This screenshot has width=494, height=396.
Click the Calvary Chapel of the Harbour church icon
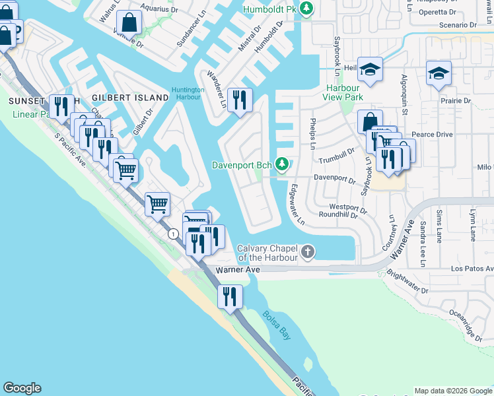(307, 251)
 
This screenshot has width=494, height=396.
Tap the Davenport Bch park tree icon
(283, 163)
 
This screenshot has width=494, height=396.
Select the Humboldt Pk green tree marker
(306, 9)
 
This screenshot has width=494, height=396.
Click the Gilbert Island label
(131, 98)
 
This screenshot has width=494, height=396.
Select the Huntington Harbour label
(190, 94)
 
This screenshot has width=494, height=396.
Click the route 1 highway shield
(173, 234)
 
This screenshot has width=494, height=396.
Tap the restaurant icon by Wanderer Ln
(240, 99)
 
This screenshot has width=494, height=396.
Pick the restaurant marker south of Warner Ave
(229, 296)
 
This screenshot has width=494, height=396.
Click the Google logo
(22, 388)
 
